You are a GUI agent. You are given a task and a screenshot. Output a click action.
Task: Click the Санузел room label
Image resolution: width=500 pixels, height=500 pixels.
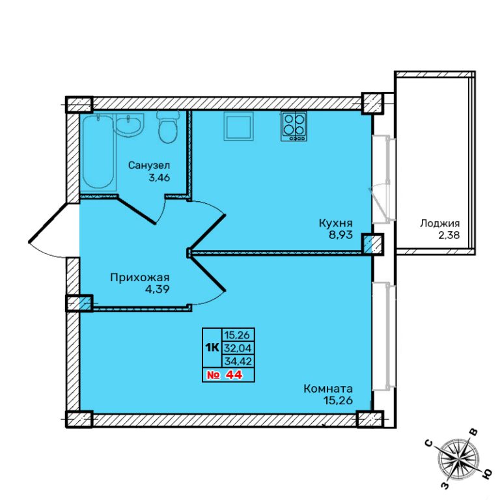coord(149,165)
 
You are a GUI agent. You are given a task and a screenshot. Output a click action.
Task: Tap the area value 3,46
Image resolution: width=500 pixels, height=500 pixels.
coord(159,177)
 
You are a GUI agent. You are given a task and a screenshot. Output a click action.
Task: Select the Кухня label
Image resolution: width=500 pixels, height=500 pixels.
coord(335,223)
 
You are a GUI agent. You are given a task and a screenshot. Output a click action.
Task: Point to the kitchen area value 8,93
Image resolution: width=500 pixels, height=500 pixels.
coord(341,235)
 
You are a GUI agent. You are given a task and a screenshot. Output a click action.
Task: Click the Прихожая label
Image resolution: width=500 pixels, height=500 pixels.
coord(140,277)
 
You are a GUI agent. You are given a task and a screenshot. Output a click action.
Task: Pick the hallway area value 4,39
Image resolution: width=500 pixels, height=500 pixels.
coord(157,289)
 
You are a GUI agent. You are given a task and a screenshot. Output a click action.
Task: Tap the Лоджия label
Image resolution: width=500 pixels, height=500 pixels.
coord(439,223)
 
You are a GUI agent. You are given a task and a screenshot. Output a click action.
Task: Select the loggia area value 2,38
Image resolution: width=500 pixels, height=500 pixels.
coord(449,235)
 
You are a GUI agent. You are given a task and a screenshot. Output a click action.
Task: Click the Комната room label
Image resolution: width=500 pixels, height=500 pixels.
coord(328,389)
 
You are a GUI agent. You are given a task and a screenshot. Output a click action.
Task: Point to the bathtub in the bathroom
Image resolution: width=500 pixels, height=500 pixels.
coord(98,152)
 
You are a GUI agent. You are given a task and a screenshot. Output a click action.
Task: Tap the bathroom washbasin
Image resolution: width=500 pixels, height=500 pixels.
coord(128,124)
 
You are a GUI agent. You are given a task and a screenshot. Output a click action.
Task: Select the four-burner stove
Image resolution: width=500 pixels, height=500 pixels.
coord(294,126)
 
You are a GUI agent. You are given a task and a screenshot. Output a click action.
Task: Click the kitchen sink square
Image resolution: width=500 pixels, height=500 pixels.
coord(238,126)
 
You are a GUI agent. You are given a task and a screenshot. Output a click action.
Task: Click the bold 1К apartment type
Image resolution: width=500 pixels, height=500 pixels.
coord(212,348)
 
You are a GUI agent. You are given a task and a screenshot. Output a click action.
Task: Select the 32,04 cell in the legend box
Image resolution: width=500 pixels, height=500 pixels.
coord(238,348)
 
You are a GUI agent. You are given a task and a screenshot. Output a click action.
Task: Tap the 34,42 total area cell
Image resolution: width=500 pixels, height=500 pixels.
coord(238,361)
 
